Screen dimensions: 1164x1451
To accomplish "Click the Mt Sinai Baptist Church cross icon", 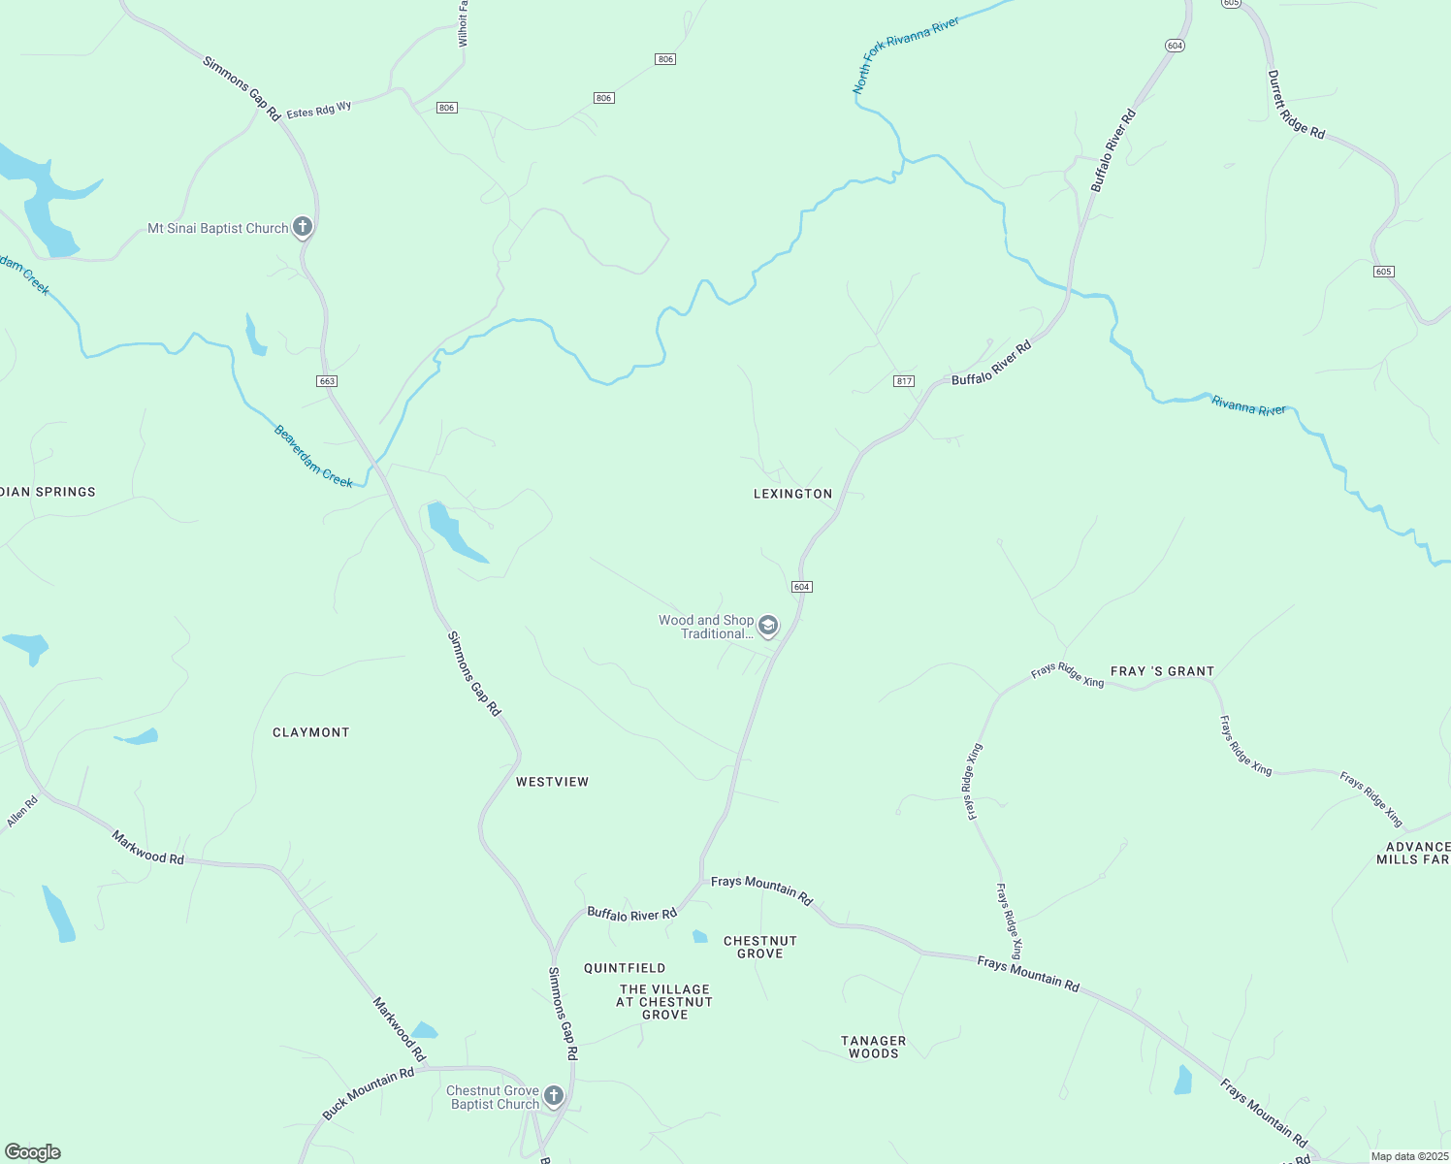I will tap(302, 228).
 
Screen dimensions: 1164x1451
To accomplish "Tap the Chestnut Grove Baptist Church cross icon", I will tap(554, 1097).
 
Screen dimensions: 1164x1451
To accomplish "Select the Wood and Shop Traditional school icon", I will tap(768, 627).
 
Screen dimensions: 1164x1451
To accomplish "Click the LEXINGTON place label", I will tap(792, 494).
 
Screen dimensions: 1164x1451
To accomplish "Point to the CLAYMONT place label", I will tap(310, 732).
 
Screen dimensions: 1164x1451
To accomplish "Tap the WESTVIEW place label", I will tap(552, 782).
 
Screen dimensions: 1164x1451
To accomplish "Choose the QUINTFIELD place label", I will tap(625, 968).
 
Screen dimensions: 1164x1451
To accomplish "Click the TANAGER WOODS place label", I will tap(873, 1047).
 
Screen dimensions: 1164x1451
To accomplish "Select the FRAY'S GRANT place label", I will tap(1162, 671).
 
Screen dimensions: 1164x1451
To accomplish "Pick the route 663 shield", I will tap(327, 381).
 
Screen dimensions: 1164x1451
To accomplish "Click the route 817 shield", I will tap(904, 381).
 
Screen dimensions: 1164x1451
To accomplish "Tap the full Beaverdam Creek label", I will tap(312, 456).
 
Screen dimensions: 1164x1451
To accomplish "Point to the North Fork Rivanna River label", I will tap(906, 55).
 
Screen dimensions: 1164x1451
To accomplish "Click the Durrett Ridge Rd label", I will tap(1297, 103).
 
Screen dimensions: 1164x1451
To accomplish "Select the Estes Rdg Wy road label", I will tap(319, 110).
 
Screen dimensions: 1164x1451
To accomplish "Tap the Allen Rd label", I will tap(22, 812).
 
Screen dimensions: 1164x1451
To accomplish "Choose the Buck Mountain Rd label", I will tap(369, 1093).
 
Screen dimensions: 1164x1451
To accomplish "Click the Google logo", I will tap(33, 1152).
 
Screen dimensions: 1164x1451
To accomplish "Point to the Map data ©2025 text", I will tap(1408, 1156).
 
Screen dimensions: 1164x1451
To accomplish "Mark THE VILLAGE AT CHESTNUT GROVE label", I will tap(664, 1002).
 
